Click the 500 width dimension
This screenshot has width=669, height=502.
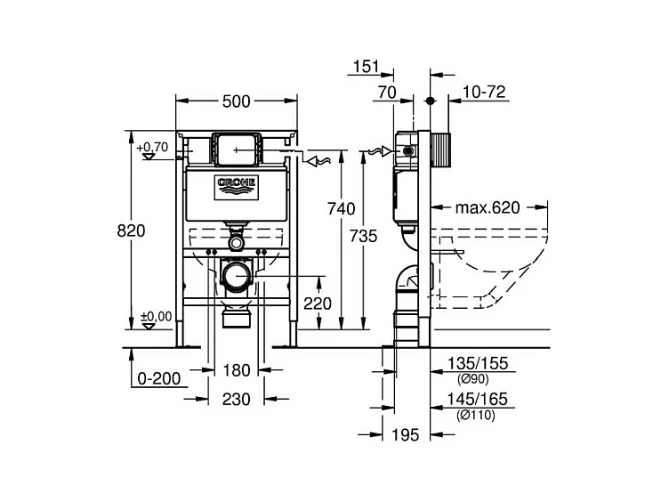(237, 101)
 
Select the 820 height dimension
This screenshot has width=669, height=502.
(131, 231)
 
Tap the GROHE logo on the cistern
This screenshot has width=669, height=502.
(237, 187)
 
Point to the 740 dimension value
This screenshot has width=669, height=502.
(341, 209)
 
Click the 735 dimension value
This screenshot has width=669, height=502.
(364, 236)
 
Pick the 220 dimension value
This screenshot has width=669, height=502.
(318, 304)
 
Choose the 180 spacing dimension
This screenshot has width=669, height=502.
(237, 370)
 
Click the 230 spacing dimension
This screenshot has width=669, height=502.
(237, 400)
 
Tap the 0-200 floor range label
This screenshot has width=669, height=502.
(159, 378)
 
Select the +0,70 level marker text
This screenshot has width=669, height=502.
(152, 147)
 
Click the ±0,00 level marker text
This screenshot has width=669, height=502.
(157, 316)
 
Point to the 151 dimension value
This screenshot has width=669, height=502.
(366, 66)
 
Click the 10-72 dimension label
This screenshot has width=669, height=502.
(484, 92)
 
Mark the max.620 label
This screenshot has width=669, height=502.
(488, 208)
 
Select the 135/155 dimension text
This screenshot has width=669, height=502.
(478, 363)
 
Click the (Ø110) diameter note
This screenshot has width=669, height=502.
(476, 415)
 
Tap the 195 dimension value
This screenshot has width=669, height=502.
(406, 435)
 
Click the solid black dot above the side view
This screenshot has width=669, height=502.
(430, 101)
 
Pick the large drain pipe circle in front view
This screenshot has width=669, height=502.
(236, 276)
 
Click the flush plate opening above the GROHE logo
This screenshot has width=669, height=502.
(237, 150)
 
